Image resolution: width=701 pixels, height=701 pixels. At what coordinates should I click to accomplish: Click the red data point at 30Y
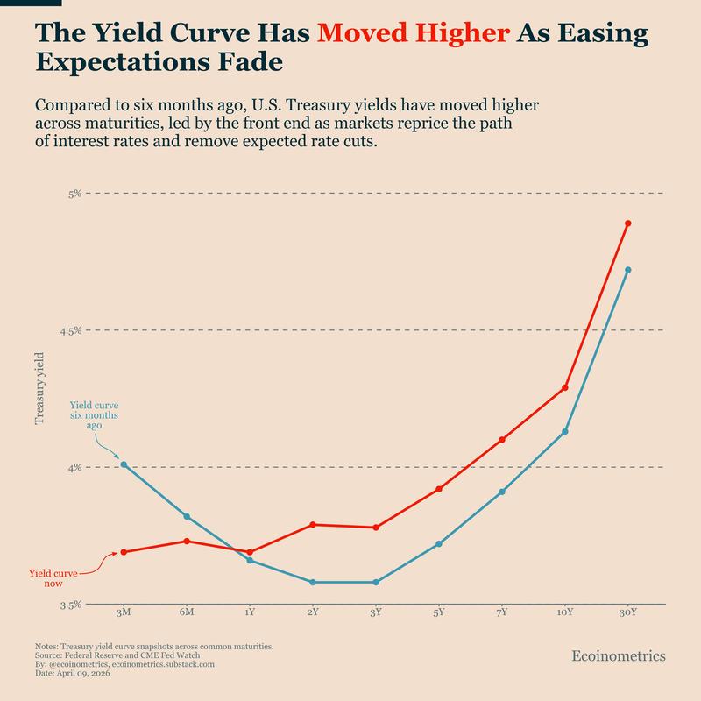coord(628,223)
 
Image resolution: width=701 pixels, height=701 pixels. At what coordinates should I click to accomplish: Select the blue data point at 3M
coord(124,464)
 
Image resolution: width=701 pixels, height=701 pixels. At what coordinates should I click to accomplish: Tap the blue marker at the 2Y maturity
coord(313,582)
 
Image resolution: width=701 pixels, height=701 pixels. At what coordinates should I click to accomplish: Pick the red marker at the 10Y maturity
coord(565,387)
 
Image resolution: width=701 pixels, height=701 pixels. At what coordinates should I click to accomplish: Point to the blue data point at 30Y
coord(628,270)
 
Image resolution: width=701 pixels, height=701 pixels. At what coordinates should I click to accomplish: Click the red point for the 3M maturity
coord(124,552)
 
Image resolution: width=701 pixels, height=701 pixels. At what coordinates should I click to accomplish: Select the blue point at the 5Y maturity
coord(439,544)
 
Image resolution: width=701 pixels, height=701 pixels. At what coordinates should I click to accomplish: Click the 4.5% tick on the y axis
coord(69,330)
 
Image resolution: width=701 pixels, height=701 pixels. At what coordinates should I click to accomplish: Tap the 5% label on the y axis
coord(74,193)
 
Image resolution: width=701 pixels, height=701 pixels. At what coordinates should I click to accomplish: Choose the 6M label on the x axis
coord(187,612)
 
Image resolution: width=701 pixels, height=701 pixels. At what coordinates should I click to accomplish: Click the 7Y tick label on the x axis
coord(502,612)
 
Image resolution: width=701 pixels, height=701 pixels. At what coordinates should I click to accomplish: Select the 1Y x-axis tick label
coord(250,612)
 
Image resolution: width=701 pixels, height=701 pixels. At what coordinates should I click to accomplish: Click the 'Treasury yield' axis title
coord(39,387)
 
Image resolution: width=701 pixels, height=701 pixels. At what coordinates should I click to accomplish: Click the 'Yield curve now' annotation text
coord(53,577)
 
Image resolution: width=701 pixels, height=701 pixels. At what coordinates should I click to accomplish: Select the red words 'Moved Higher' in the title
coord(414,33)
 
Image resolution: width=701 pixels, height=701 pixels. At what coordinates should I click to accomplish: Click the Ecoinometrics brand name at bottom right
coord(618,655)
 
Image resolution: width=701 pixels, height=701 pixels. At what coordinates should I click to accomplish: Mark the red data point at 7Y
coord(502,440)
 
